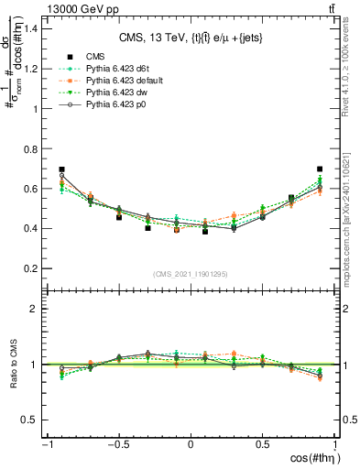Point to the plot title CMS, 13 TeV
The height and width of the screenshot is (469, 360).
click(x=191, y=38)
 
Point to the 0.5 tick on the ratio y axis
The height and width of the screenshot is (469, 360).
click(x=29, y=420)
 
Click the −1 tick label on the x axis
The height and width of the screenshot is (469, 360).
click(x=45, y=445)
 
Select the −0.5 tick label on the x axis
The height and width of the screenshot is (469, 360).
click(x=116, y=445)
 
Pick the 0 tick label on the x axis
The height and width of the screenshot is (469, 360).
click(x=191, y=445)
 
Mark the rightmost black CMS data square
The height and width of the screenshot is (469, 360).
click(x=320, y=169)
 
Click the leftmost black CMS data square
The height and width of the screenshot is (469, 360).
click(x=61, y=169)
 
